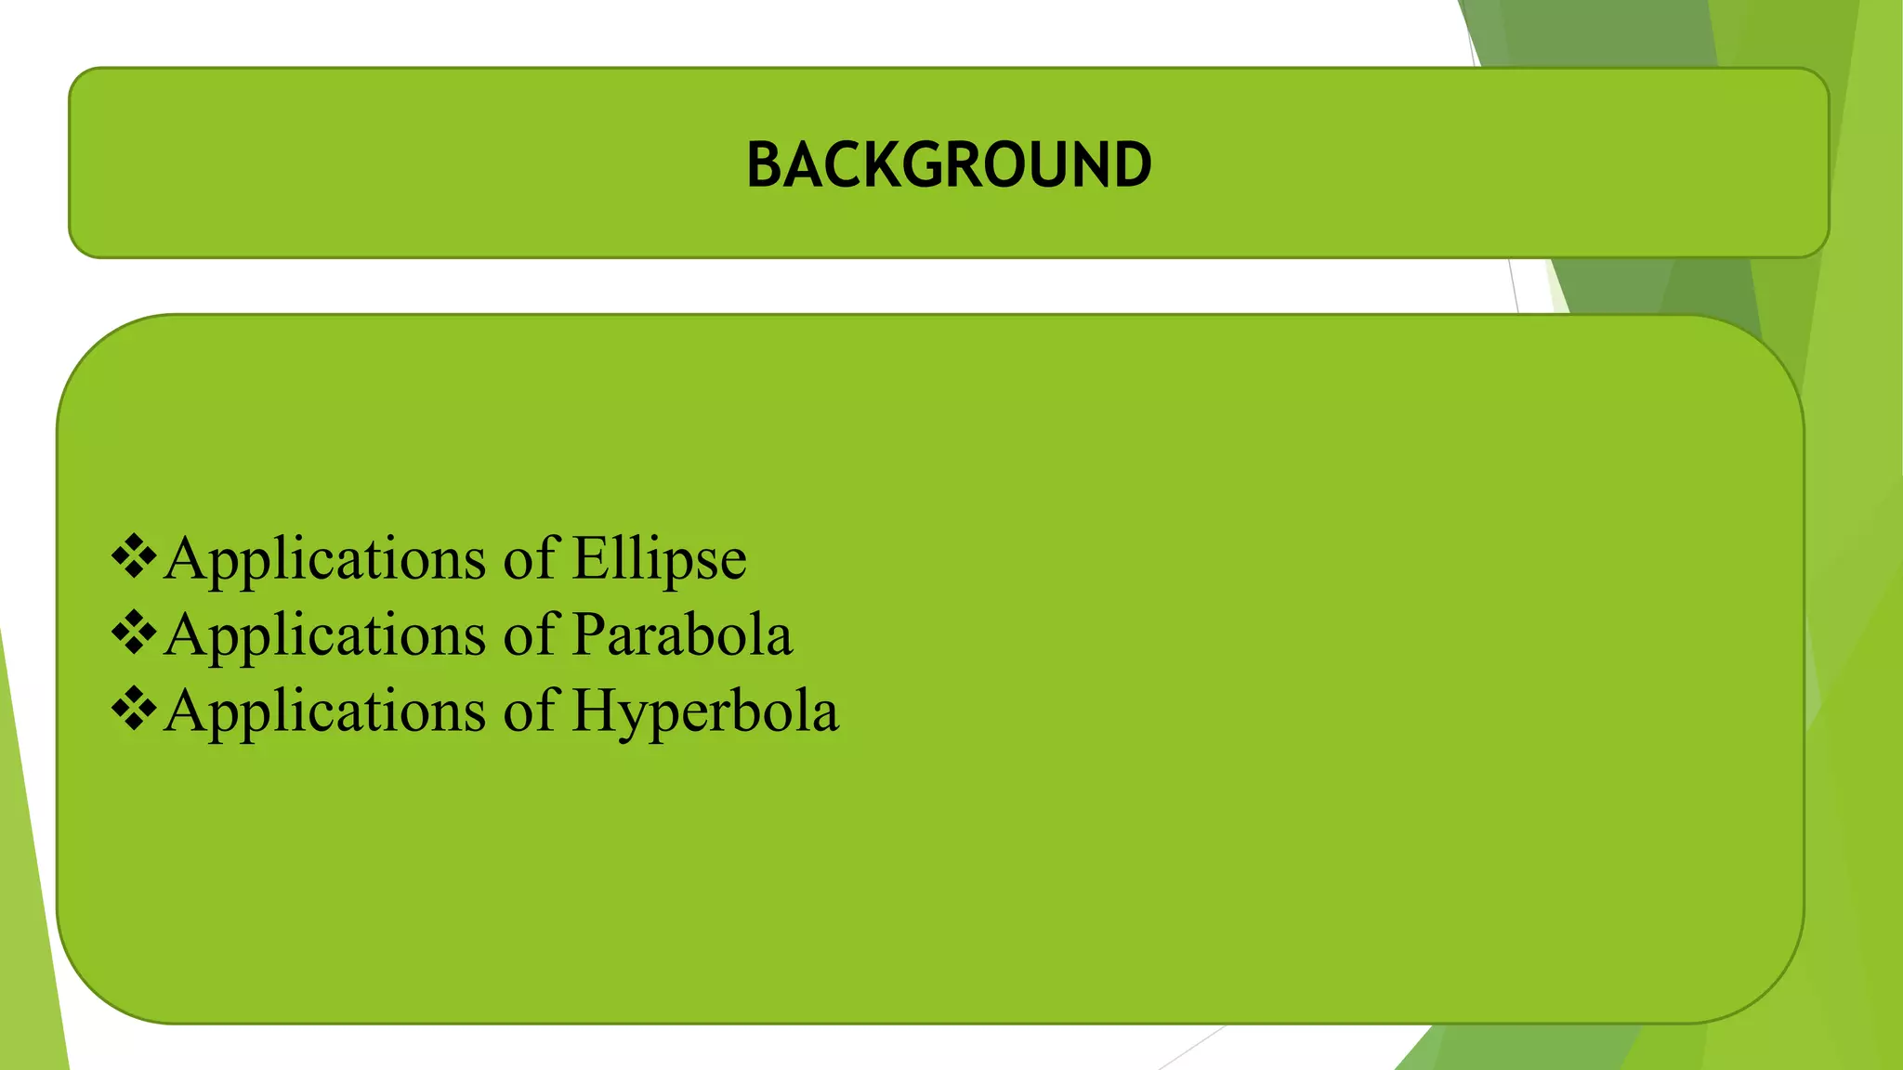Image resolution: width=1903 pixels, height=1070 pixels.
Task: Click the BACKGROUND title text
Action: click(949, 165)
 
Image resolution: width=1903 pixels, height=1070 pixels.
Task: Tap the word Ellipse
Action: click(659, 559)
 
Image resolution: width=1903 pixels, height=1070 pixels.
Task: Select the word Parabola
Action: click(682, 635)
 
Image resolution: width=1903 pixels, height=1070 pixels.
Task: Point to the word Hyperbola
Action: click(705, 711)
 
